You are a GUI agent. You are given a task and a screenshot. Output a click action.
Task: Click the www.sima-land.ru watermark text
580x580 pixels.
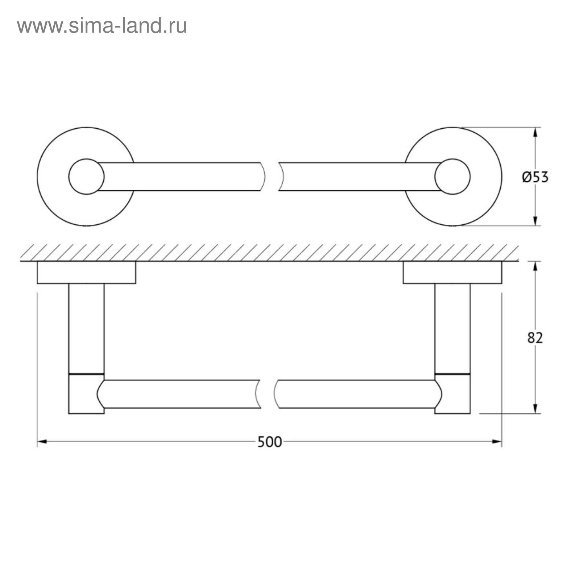tap(102, 26)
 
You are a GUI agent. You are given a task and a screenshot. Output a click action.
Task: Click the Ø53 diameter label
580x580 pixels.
tap(535, 177)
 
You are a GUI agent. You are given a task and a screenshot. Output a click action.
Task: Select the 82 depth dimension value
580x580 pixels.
tap(535, 338)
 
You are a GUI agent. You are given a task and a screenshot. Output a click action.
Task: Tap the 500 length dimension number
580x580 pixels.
tap(269, 442)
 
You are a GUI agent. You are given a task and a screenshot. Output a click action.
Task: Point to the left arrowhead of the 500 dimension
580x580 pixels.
tap(42, 442)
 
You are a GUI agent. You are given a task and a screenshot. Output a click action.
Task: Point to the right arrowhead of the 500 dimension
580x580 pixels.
tap(497, 442)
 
